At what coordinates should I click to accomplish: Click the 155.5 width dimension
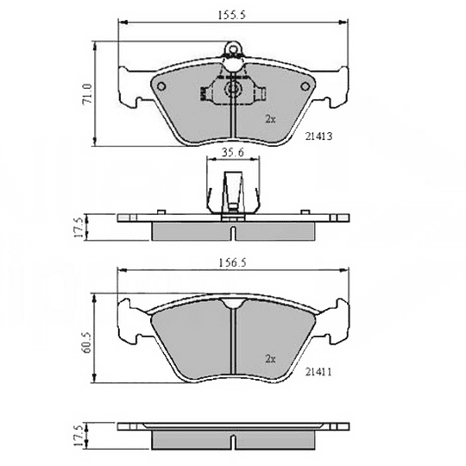(x=232, y=15)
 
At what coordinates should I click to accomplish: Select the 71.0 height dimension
(x=87, y=93)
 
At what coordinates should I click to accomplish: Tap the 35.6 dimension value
(x=233, y=152)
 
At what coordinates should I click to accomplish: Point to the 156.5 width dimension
(x=232, y=262)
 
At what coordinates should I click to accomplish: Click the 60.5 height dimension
(x=87, y=343)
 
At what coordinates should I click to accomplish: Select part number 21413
(x=319, y=136)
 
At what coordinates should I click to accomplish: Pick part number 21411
(x=318, y=371)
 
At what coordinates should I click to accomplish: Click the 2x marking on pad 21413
(x=270, y=119)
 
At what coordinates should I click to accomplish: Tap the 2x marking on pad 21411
(x=270, y=359)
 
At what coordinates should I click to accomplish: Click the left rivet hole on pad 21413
(x=161, y=86)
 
